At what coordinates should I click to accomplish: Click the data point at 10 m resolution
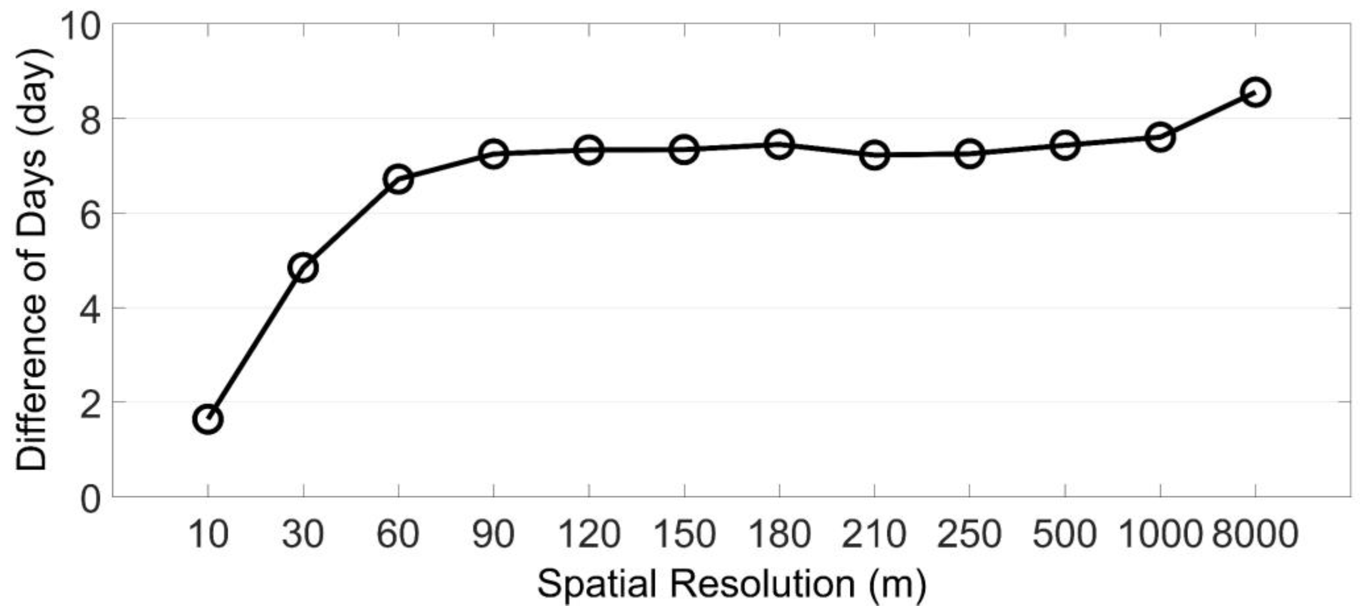click(x=208, y=420)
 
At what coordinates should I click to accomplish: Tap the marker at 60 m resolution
click(x=399, y=180)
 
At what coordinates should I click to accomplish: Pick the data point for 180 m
click(x=779, y=145)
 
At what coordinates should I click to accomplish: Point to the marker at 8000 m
click(x=1255, y=92)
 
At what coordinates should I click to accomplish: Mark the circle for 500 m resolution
click(x=1065, y=145)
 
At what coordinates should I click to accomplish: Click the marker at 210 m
click(x=874, y=155)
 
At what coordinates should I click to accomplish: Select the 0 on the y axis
click(x=90, y=499)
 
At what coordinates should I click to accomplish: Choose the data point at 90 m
click(x=494, y=154)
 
